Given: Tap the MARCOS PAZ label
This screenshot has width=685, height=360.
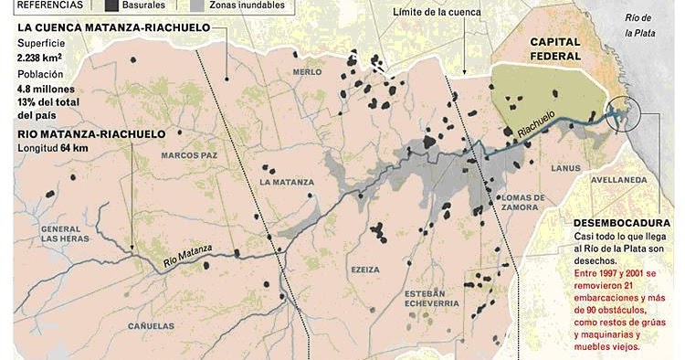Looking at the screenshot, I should [x=188, y=155].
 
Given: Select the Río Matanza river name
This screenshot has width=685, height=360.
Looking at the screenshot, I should [x=188, y=255].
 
